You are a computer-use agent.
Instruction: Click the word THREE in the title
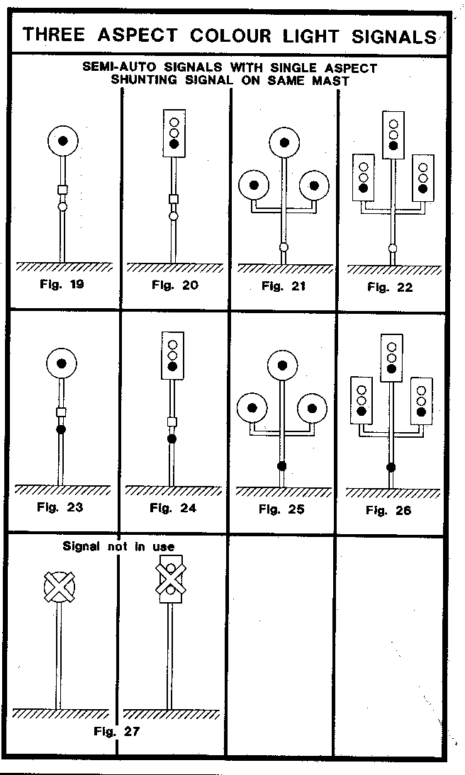(x=59, y=35)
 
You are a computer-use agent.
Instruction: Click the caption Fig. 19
(x=61, y=285)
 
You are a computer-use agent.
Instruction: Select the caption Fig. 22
(x=389, y=288)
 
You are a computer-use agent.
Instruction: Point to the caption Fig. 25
(x=281, y=509)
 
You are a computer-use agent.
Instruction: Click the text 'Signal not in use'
(x=118, y=546)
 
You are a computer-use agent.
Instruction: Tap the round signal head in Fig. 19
(x=63, y=141)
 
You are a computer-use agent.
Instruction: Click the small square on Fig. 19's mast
(x=62, y=190)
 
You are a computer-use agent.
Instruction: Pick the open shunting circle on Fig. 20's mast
(x=173, y=215)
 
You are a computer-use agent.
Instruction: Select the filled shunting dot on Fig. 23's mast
(x=61, y=429)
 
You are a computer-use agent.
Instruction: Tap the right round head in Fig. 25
(x=312, y=408)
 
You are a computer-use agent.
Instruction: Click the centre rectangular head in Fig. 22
(x=393, y=135)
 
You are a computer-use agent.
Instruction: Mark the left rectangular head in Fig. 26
(x=362, y=400)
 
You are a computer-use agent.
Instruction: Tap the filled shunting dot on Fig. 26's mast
(x=391, y=467)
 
